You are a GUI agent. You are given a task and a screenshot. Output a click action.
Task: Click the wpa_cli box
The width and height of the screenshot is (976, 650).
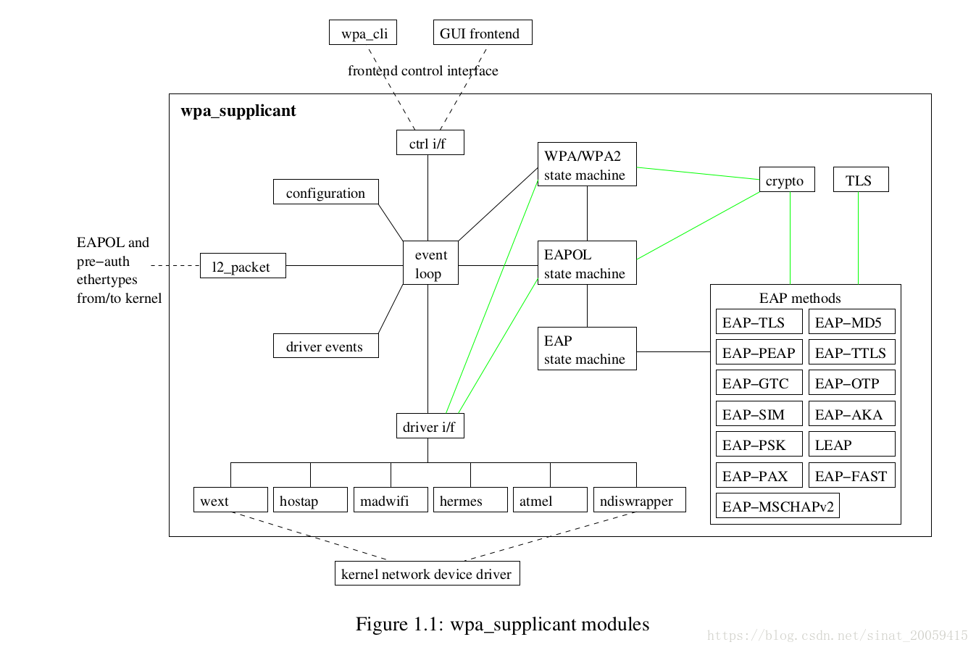tap(363, 33)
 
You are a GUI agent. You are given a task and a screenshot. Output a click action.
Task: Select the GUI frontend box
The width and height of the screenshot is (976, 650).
tap(482, 33)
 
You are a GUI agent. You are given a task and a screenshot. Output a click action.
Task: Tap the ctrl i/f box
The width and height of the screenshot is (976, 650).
tap(430, 143)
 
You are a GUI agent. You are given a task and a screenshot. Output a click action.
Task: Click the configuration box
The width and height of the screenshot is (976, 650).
tap(325, 192)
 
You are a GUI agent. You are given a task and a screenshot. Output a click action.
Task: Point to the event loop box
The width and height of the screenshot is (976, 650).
tap(430, 263)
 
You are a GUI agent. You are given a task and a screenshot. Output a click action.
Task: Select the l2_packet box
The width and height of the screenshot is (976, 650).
tap(243, 266)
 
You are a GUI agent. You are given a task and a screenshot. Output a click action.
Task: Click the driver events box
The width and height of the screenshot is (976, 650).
tap(325, 346)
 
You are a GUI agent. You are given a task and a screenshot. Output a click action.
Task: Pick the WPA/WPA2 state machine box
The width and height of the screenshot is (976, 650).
tap(587, 164)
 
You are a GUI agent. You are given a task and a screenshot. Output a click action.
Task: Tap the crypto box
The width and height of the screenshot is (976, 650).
tap(787, 180)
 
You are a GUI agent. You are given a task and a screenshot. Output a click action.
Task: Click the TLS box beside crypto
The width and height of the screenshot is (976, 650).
tap(861, 180)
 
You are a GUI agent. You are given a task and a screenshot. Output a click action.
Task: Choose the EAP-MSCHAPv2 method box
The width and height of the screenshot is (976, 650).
tap(777, 506)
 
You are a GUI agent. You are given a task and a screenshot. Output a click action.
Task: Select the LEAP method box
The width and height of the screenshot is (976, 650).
tap(851, 444)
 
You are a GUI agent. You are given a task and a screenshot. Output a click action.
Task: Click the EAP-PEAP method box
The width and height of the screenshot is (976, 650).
tap(759, 352)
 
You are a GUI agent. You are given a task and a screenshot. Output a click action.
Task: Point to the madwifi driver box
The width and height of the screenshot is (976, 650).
tap(391, 500)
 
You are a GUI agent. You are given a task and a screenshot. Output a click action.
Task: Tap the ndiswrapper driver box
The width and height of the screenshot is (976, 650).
tap(639, 500)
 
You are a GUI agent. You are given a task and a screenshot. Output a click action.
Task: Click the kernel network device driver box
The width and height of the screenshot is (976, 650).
tap(427, 573)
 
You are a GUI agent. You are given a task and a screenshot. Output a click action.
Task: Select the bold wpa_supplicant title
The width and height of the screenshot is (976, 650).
tap(238, 111)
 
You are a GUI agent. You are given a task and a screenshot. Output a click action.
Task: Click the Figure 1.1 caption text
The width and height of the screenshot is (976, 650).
tap(502, 624)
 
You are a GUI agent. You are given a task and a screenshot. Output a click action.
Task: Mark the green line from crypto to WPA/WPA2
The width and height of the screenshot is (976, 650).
tap(698, 173)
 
